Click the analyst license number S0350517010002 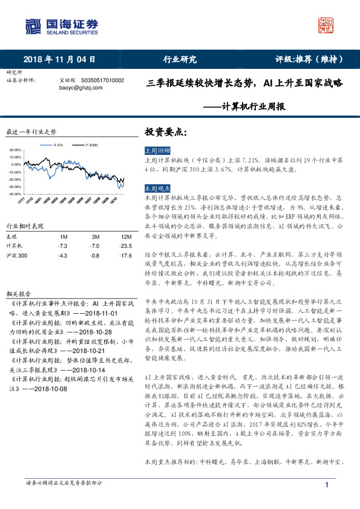[x=102, y=80]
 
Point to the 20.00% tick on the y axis [x=15, y=149]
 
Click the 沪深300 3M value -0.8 [x=94, y=256]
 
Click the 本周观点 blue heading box [x=158, y=189]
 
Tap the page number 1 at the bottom [x=327, y=485]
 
